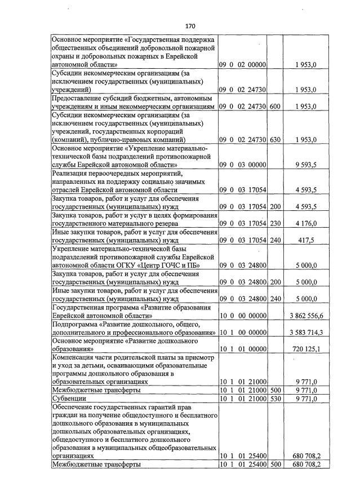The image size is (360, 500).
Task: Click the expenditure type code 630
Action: click(275, 139)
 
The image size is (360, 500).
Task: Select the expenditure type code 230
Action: click(275, 224)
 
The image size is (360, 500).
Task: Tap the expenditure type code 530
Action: click(275, 398)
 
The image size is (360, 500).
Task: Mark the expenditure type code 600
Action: click(275, 105)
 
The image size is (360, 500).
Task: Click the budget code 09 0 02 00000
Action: click(242, 65)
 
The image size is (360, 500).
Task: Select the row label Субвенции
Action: click(68, 398)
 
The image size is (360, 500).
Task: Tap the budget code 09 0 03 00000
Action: click(242, 165)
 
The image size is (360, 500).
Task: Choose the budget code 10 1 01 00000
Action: click(242, 349)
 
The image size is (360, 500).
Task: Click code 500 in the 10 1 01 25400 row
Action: click(275, 464)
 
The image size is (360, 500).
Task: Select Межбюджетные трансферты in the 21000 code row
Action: click(96, 390)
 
